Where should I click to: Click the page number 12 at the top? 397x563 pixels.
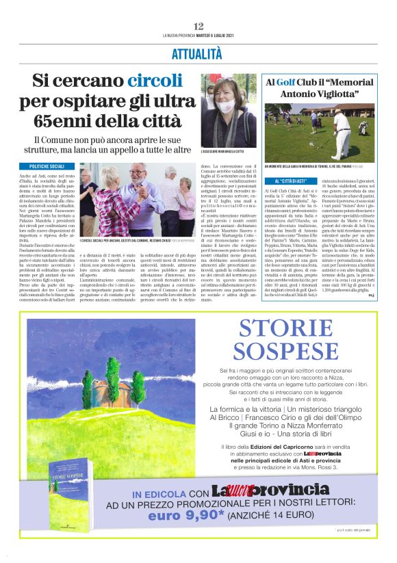point(198,26)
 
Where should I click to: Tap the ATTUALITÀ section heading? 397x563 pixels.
point(198,53)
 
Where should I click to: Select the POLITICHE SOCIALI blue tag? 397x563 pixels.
point(48,166)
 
